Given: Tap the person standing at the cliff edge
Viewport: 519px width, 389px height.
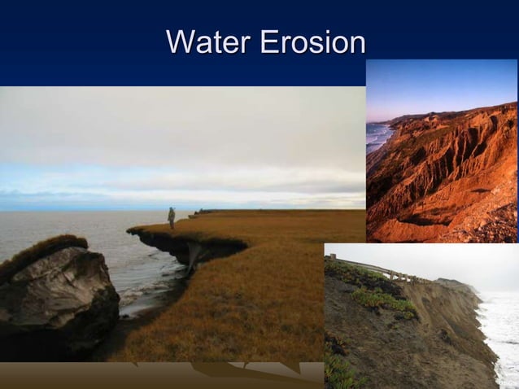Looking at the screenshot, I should [172, 216].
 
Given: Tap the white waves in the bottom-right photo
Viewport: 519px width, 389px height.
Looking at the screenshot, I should [500, 334].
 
